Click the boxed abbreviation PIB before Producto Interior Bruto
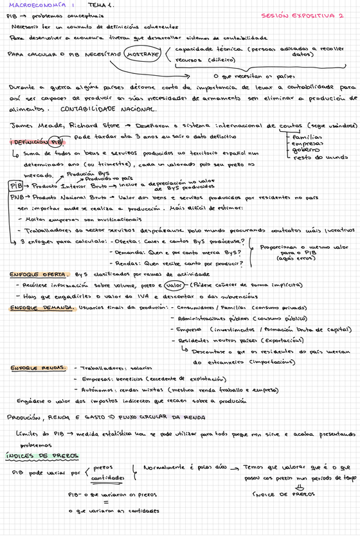point(16,185)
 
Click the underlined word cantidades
point(107,478)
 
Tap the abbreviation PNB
point(16,198)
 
